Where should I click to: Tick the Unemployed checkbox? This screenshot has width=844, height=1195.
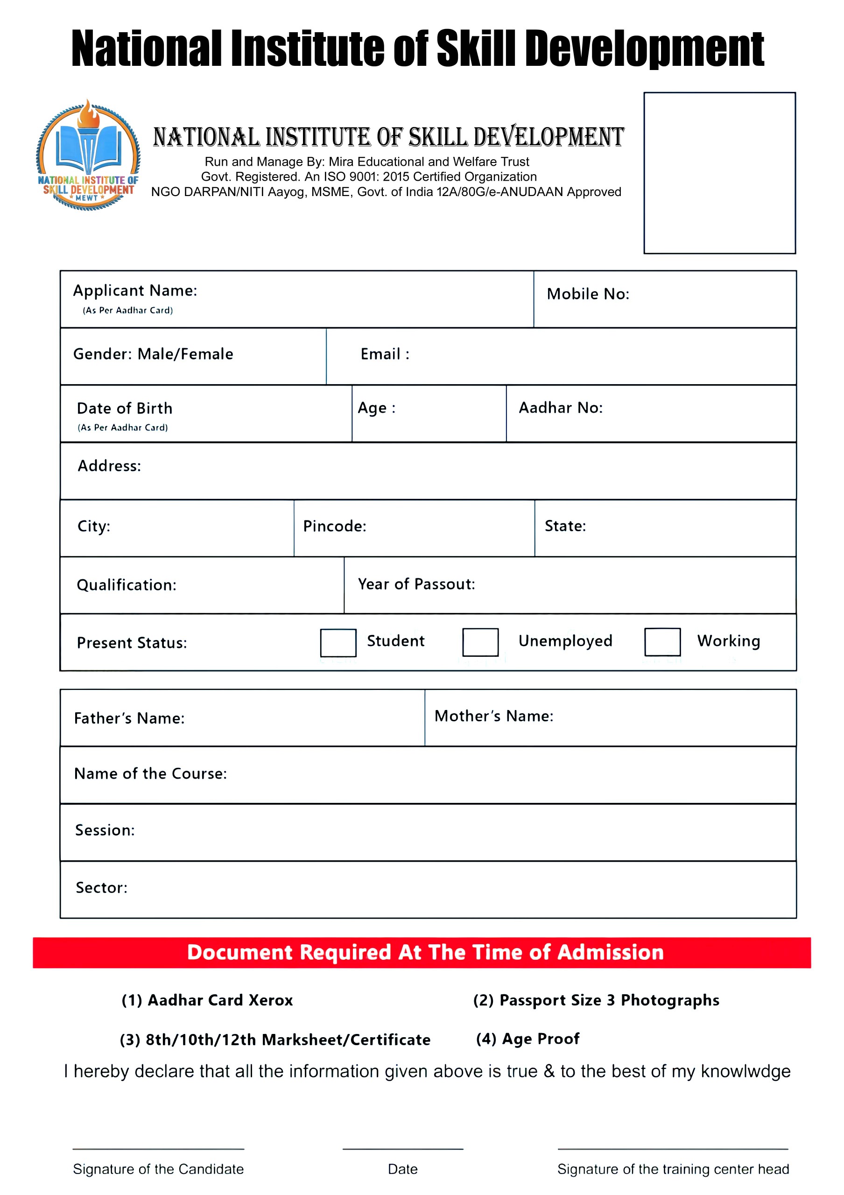[480, 642]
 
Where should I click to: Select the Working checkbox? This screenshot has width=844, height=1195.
[662, 642]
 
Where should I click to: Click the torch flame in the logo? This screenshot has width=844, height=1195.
[88, 114]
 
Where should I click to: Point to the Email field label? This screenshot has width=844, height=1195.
[385, 354]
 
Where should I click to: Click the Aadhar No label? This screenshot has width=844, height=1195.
[561, 408]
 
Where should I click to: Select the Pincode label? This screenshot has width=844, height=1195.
[335, 526]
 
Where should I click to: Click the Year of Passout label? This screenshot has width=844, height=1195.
[416, 584]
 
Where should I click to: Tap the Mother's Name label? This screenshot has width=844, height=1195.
[493, 716]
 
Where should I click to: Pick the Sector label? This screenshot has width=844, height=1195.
[101, 887]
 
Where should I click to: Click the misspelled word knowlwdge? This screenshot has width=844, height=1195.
[745, 1071]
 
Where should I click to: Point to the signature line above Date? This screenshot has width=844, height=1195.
[402, 1149]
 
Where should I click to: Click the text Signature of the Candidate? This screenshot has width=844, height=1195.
[158, 1169]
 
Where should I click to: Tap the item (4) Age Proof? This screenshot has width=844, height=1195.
[527, 1039]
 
